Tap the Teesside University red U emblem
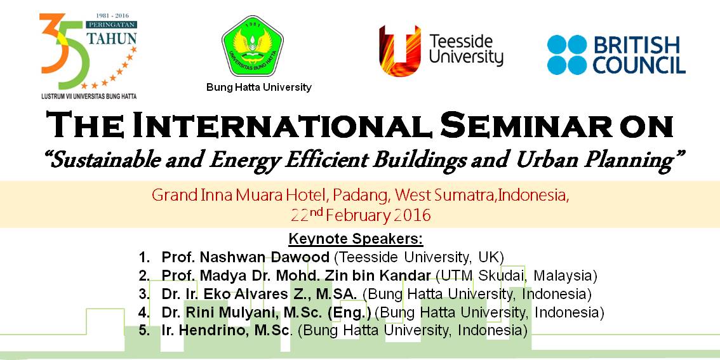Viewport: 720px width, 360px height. (x=399, y=51)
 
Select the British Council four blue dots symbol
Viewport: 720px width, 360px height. (x=567, y=55)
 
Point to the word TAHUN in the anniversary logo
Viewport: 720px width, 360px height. (x=111, y=38)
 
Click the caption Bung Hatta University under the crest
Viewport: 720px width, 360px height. (x=259, y=88)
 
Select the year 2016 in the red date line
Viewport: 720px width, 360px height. (x=411, y=215)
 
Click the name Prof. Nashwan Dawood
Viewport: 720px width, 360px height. (x=245, y=257)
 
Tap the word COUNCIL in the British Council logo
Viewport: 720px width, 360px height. (x=639, y=65)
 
